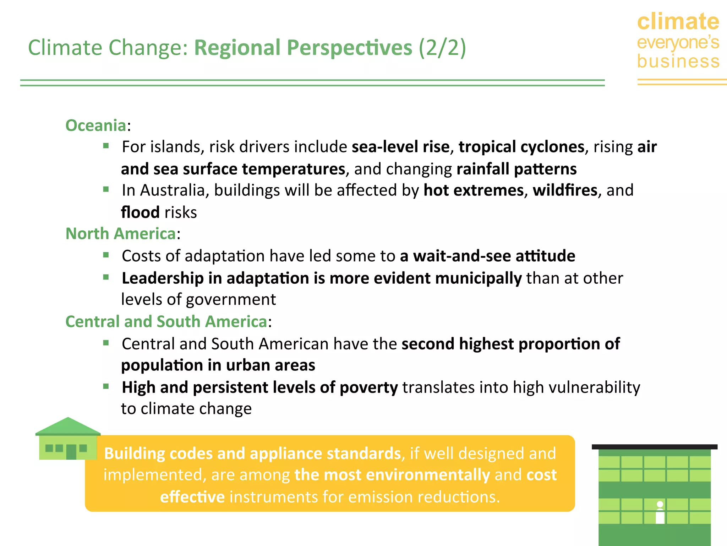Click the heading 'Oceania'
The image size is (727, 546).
[x=96, y=125]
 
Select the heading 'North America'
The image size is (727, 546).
[x=121, y=234]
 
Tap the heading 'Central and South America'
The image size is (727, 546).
[x=166, y=322]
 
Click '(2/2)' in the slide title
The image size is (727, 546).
[x=442, y=48]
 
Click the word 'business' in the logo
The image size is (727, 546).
[x=678, y=61]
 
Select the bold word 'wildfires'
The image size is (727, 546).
[x=565, y=190]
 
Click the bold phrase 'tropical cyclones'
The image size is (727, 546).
[x=521, y=147]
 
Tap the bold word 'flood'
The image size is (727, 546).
[x=140, y=213]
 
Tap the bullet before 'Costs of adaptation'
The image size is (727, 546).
[x=106, y=255]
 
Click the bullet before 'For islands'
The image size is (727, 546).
[x=106, y=146]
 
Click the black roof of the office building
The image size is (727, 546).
[x=654, y=447]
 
